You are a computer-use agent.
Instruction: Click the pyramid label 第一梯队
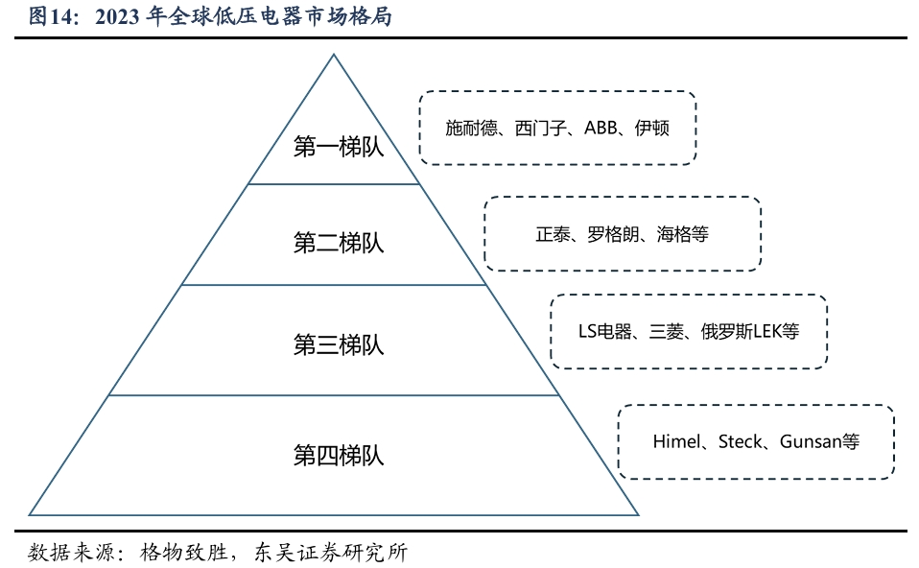coord(339,147)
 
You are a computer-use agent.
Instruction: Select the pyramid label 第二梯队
coord(339,243)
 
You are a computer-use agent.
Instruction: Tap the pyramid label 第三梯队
coord(339,344)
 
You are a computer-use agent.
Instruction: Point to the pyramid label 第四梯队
coord(339,456)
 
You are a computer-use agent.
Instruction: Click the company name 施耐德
coord(472,128)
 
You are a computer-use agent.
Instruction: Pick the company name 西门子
coord(540,128)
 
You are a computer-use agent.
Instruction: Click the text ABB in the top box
coord(601,128)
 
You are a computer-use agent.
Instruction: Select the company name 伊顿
coord(651,128)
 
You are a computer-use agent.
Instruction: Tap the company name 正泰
coord(553,234)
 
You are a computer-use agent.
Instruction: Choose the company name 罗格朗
coord(613,234)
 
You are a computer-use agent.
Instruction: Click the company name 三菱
coord(667,332)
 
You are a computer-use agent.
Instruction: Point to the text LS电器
coord(605,332)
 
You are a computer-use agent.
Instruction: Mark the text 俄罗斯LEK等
coord(750,332)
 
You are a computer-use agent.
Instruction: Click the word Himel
coord(677,441)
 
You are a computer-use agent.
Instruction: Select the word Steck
coord(741,441)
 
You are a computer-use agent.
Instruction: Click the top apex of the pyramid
coord(334,55)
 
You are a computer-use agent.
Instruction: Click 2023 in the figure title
coord(117,17)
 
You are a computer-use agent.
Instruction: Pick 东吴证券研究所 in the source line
coord(331,553)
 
